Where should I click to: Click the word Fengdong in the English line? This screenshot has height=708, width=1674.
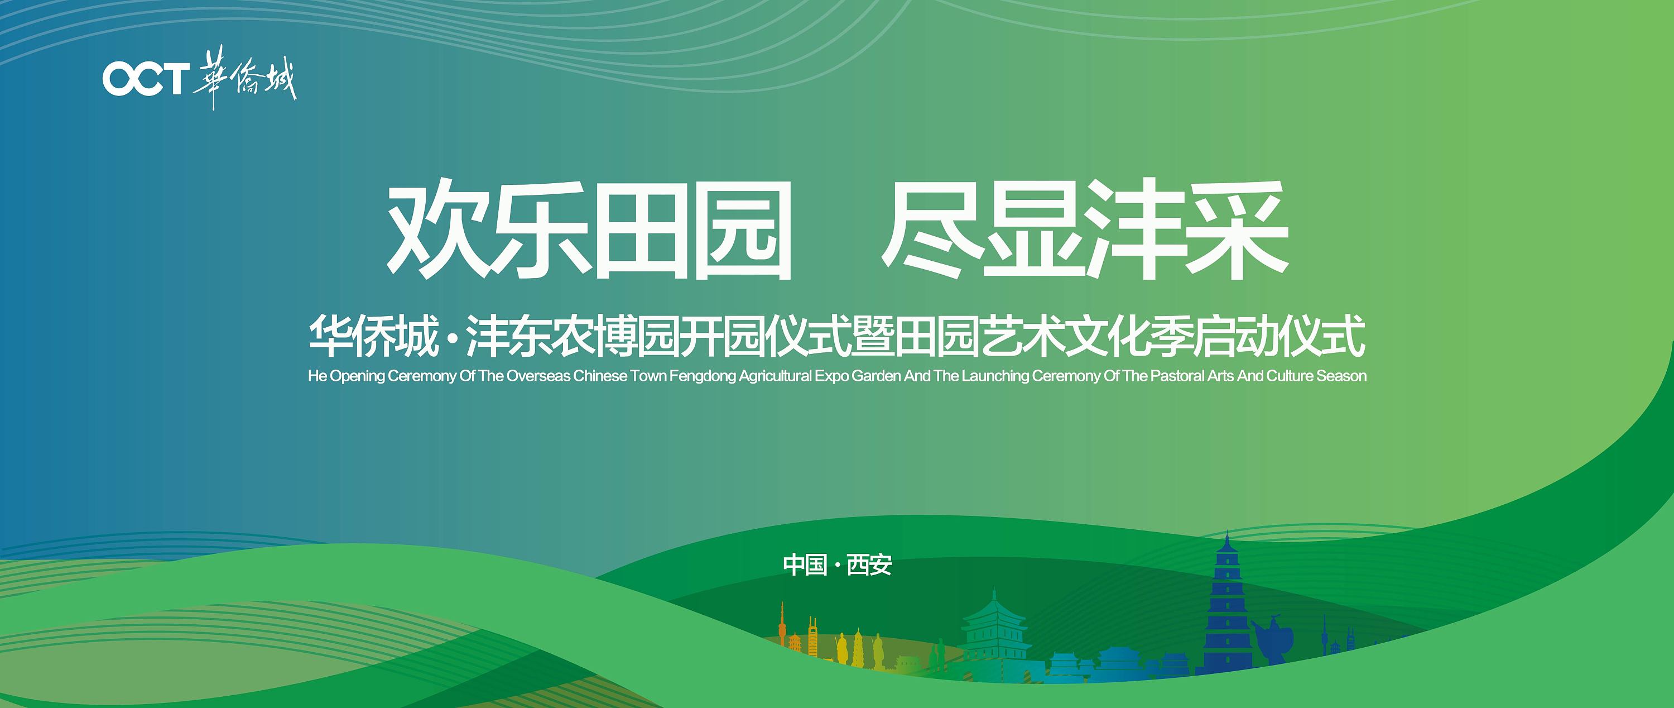coord(703,376)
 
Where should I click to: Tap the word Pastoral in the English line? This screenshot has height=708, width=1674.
coord(1177,376)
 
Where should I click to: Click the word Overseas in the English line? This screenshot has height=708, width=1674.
coord(538,376)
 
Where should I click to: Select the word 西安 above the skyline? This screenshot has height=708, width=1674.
coord(869,565)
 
